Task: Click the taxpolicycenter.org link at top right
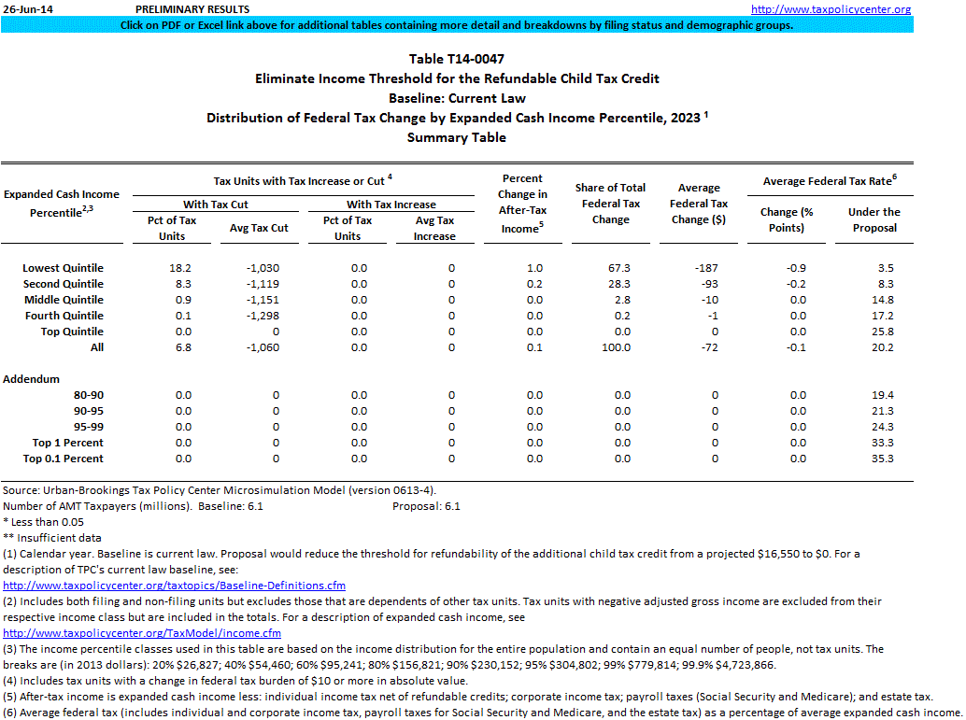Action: coord(831,9)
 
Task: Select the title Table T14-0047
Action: coord(457,59)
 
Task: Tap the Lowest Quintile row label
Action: coord(63,268)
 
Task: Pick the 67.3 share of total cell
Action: coord(618,268)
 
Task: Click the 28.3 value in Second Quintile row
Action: coord(618,284)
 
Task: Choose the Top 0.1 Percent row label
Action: coord(64,459)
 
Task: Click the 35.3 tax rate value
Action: coord(882,459)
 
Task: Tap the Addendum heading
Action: coord(32,379)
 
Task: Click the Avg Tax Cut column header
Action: coord(259,228)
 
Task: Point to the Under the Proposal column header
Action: coord(874,219)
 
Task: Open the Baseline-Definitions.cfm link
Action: coord(174,586)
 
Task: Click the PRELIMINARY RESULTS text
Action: coord(192,9)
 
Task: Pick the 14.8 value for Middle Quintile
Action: coord(882,300)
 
